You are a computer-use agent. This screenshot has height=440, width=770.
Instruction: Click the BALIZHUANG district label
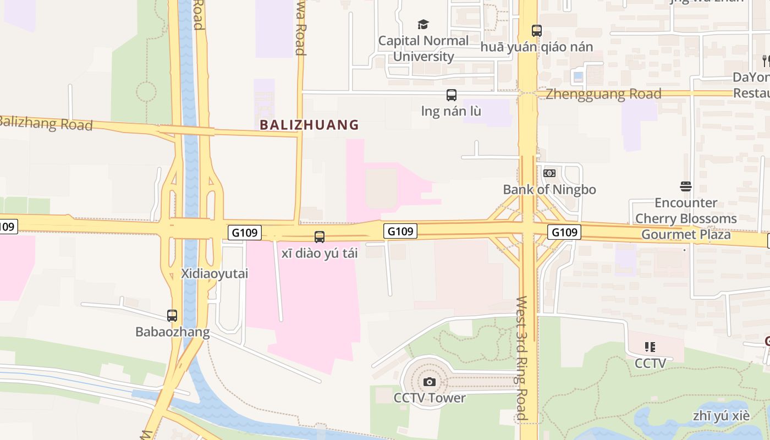pos(309,125)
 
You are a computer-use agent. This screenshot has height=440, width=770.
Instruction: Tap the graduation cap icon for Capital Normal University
pos(423,24)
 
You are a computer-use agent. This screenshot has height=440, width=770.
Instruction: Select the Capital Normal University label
pos(424,48)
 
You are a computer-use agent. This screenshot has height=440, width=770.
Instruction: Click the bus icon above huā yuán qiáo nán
pos(537,31)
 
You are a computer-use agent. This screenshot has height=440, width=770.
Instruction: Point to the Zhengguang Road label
pos(604,94)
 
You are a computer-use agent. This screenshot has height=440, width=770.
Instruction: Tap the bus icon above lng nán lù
pos(452,95)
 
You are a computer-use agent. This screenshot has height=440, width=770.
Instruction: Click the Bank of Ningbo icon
pos(549,173)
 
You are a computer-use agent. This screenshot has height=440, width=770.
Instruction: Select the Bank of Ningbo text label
pos(549,189)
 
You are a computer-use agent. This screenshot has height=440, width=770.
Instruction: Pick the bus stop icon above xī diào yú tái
pos(320,237)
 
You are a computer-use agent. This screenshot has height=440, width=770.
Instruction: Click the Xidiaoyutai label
pos(215,273)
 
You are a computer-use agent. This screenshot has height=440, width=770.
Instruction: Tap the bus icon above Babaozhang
pos(172,316)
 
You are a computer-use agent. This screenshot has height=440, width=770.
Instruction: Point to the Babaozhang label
pos(172,332)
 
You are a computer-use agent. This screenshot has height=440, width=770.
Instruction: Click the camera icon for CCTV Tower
pos(430,382)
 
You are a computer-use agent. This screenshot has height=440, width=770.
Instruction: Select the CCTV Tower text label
pos(430,398)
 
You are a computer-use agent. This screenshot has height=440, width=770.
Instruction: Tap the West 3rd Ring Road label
pos(521,358)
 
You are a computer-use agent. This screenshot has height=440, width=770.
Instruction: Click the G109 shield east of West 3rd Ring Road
pos(564,232)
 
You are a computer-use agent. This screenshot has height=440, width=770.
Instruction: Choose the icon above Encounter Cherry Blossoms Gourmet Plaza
pos(685,186)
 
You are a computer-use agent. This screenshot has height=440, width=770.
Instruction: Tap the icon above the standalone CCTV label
pos(650,347)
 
